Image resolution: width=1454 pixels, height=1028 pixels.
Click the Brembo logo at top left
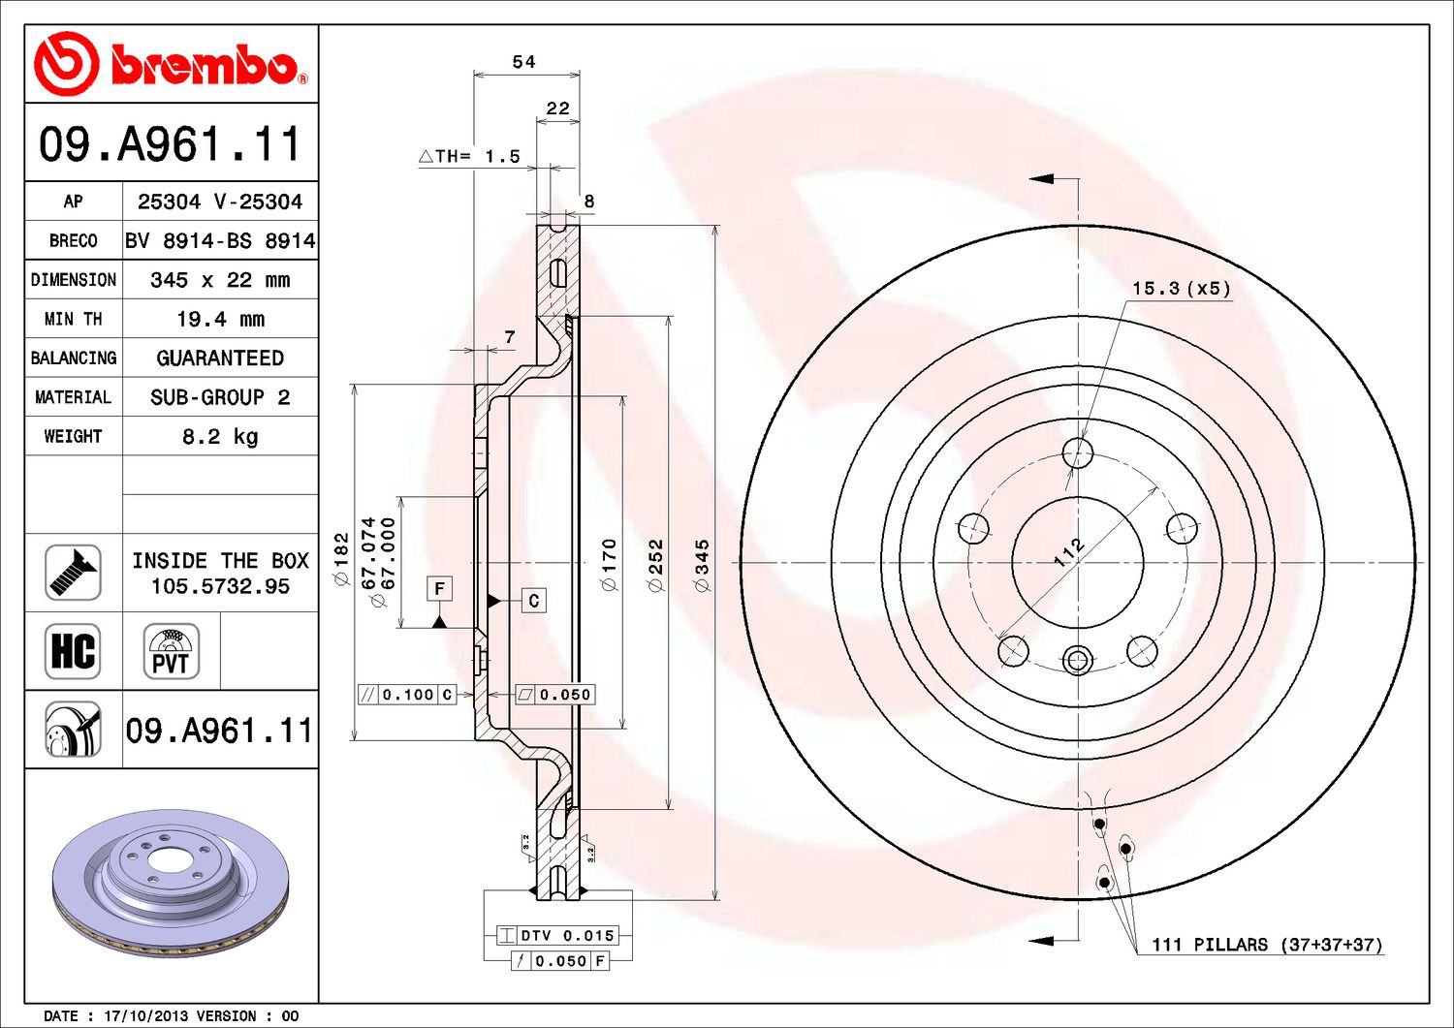[170, 64]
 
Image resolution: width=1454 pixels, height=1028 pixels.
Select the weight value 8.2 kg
[220, 437]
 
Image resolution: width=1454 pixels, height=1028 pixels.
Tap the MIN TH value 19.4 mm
[221, 320]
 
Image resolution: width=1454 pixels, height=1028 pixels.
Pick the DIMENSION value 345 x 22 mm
[220, 280]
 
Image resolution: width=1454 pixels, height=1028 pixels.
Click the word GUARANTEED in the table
[220, 358]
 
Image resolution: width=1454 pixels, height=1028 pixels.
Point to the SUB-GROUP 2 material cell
[220, 397]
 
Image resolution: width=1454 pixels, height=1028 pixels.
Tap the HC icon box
[73, 651]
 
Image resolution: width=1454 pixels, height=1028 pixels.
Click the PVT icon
[171, 651]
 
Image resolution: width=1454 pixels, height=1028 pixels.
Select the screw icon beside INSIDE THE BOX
[73, 573]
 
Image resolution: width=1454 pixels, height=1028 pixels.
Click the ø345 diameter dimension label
[702, 565]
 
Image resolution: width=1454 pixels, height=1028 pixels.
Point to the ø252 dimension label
[656, 565]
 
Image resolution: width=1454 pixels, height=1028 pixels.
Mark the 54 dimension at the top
[523, 62]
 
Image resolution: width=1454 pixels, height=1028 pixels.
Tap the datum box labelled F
[439, 589]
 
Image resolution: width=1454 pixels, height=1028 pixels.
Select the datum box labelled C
[533, 601]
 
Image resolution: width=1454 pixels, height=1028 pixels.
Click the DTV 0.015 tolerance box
[557, 935]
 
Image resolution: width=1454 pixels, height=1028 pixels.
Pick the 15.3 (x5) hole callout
[1182, 288]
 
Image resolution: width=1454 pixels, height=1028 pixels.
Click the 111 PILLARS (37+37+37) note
[1267, 945]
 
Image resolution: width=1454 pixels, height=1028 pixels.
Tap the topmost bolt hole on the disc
[1078, 452]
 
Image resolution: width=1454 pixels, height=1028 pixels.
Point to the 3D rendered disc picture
[171, 883]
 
